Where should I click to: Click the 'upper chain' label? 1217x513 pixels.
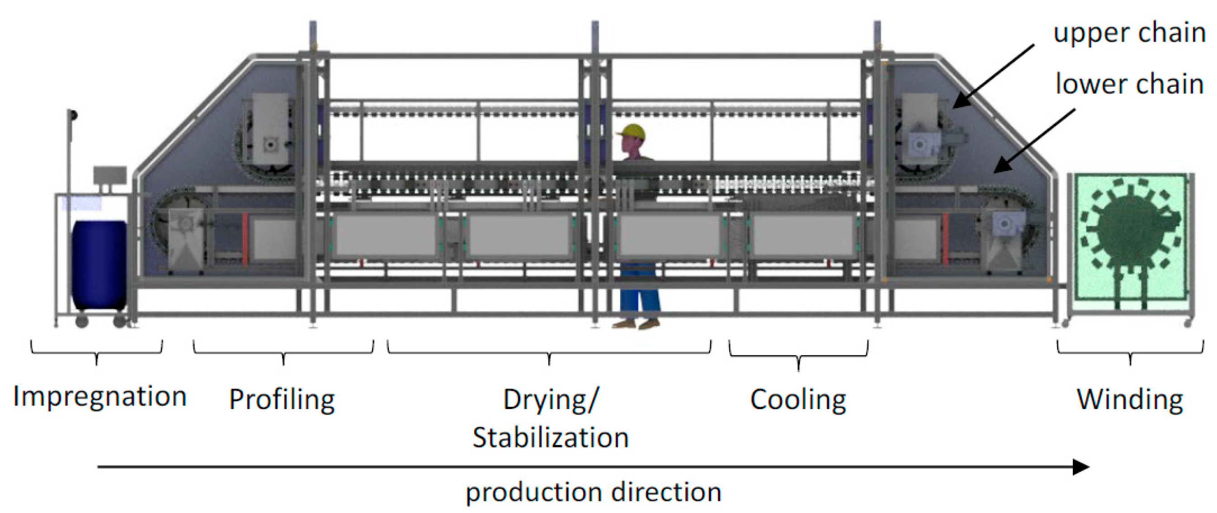(1129, 33)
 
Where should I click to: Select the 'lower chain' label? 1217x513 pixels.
(1129, 84)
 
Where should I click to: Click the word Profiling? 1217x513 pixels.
(282, 400)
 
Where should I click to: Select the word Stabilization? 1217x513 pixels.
(550, 438)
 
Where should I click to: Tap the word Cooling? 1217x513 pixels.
(798, 400)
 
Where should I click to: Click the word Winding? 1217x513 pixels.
(1130, 400)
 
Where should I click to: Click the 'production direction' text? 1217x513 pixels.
(594, 492)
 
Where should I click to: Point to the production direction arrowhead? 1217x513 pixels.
(1081, 467)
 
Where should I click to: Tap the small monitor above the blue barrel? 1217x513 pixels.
(109, 175)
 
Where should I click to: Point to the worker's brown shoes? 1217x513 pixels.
(636, 325)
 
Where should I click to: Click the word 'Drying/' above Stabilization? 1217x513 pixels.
(550, 400)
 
